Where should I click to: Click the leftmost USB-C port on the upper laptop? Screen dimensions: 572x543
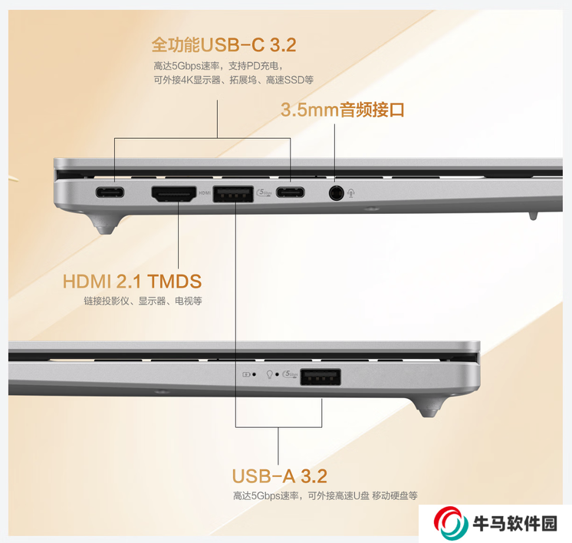click(110, 192)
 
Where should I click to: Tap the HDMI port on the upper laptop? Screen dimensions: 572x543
click(174, 194)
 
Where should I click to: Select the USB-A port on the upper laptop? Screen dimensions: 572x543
click(233, 194)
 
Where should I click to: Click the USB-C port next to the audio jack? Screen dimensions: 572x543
click(290, 192)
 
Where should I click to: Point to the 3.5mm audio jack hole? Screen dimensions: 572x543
click(336, 193)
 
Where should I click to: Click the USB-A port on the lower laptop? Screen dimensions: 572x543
click(321, 377)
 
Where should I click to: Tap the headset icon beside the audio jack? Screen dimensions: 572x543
click(351, 193)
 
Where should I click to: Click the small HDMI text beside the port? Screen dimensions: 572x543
click(205, 193)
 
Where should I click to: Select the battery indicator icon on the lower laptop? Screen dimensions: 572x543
click(246, 374)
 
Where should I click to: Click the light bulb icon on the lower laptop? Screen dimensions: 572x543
click(270, 374)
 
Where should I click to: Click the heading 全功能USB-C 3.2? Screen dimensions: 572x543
click(224, 45)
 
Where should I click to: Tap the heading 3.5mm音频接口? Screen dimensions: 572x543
click(343, 110)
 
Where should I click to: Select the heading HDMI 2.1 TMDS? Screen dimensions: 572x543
click(132, 281)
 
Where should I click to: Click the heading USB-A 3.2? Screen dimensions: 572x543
click(279, 476)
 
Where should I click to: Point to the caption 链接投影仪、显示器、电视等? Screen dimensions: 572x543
click(143, 301)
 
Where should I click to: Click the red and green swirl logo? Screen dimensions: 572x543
click(451, 522)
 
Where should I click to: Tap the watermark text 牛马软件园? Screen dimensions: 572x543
click(515, 524)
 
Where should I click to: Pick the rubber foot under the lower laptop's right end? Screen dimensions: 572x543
click(429, 407)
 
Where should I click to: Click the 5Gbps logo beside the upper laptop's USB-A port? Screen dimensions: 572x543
click(265, 193)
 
